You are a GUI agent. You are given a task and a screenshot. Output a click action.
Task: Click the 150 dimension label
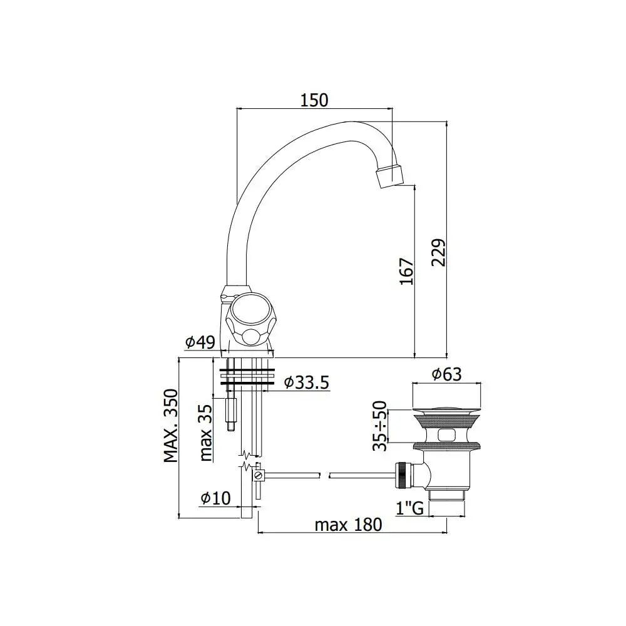coord(314,100)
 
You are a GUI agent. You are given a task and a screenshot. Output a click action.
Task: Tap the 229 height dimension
coord(438,252)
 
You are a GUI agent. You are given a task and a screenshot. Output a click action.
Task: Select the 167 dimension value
coord(406,272)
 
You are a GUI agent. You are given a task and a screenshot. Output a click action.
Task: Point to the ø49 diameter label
coord(200,342)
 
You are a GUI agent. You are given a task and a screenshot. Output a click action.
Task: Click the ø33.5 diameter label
coord(307,382)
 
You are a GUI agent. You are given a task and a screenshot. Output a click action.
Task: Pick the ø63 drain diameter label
coord(446,374)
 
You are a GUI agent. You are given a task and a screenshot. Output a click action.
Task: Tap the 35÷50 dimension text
coord(380,426)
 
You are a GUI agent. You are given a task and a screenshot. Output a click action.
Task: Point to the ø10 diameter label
coord(215,498)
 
